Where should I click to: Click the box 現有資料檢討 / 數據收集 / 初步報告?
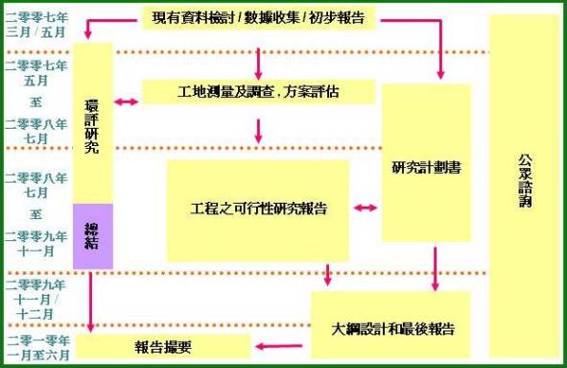pos(257,18)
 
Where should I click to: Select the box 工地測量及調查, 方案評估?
pos(257,92)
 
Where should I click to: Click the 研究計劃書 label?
pos(426,166)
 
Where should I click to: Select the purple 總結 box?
pos(93,234)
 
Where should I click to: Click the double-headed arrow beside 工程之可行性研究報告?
pos(365,208)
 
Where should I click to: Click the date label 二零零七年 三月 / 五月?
pos(35,23)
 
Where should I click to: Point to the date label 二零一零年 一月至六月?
pos(36,347)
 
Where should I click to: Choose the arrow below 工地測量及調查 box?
pos(258,130)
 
